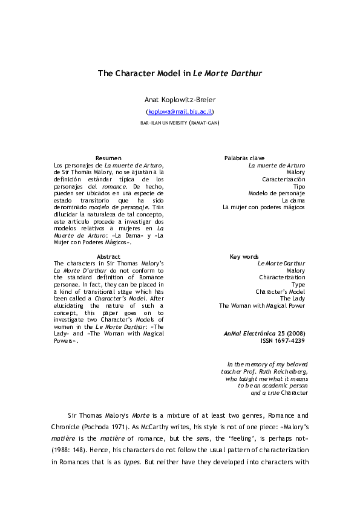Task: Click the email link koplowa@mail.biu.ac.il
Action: [x=180, y=112]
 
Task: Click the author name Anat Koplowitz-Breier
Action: [x=180, y=99]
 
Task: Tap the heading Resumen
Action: [x=108, y=158]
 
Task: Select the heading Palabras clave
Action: [x=244, y=158]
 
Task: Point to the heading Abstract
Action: [x=108, y=257]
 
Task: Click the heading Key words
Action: [x=244, y=257]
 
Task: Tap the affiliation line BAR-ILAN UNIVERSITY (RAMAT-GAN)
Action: [x=180, y=123]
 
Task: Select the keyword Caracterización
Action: [x=283, y=180]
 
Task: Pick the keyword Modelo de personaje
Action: [x=277, y=193]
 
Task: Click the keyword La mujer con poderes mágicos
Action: [x=264, y=207]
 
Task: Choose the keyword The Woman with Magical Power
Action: [x=262, y=306]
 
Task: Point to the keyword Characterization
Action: [x=282, y=277]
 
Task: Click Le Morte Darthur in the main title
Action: [x=227, y=73]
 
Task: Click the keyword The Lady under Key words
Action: [x=292, y=299]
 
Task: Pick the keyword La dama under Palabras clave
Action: [x=293, y=200]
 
